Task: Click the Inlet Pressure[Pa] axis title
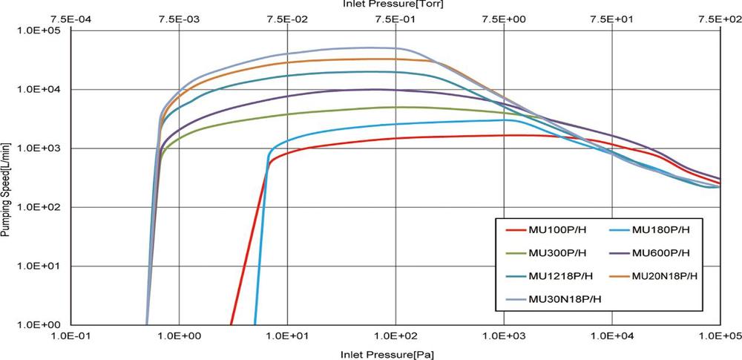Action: [388, 353]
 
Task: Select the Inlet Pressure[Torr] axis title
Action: [393, 4]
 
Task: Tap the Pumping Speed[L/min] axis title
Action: [5, 179]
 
